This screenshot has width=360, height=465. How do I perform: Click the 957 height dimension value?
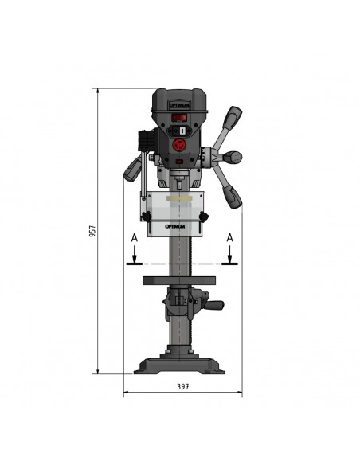[x=92, y=231]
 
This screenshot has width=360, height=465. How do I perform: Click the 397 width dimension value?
[x=183, y=386]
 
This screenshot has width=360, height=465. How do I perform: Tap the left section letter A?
[x=135, y=238]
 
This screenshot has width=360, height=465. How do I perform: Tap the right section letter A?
[x=230, y=238]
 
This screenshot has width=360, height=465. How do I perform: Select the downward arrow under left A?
[x=135, y=254]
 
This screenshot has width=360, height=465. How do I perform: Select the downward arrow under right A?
[x=230, y=254]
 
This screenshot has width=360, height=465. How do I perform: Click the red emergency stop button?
[x=180, y=145]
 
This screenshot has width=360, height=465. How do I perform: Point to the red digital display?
[x=179, y=118]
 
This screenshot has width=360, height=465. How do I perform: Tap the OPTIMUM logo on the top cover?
[x=180, y=105]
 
